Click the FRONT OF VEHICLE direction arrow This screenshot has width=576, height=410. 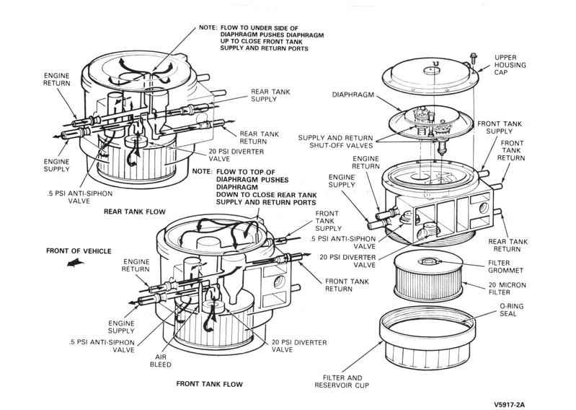(x=73, y=263)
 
